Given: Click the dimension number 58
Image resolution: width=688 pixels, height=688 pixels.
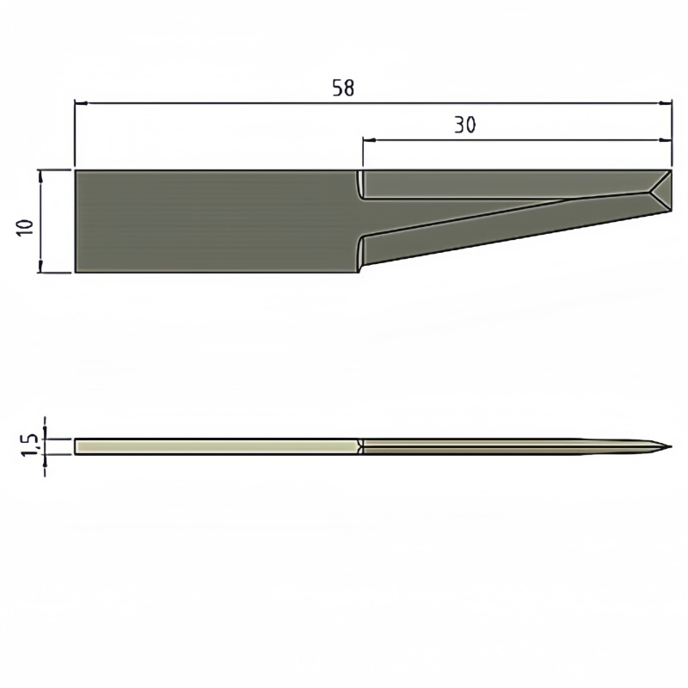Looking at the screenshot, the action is (343, 88).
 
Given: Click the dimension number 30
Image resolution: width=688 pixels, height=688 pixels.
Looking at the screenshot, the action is (464, 125).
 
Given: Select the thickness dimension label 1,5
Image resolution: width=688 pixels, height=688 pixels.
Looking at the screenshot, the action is (30, 445).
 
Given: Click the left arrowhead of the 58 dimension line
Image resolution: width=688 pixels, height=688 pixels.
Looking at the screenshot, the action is (81, 103).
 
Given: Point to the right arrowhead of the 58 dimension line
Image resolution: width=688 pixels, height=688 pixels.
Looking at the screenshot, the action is (666, 103).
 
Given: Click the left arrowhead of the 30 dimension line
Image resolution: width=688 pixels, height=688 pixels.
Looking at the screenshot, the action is (369, 140).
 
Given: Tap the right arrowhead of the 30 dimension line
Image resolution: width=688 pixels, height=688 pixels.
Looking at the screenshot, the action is (666, 140).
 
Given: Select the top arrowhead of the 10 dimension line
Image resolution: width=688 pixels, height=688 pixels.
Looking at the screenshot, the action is (41, 177).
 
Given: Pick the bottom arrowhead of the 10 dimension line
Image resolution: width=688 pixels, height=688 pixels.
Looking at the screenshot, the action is (41, 266).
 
